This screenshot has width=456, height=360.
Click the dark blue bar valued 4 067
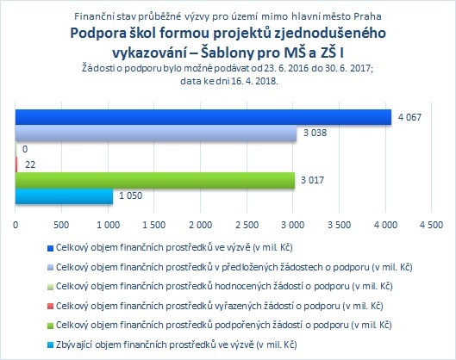click(203, 117)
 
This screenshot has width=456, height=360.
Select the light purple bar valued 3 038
click(156, 133)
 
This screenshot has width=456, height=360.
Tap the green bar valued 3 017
click(155, 181)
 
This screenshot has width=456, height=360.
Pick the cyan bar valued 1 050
click(64, 196)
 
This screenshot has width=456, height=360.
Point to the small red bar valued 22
click(16, 164)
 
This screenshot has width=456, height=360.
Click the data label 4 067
click(409, 117)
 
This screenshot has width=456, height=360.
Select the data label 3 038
click(315, 133)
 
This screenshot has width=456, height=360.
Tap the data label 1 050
click(130, 196)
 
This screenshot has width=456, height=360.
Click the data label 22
click(30, 164)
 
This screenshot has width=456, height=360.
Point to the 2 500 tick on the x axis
click(247, 225)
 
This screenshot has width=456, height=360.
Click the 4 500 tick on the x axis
click(432, 225)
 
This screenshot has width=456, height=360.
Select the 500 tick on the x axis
click(61, 225)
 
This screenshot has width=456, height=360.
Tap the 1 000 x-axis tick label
click(108, 225)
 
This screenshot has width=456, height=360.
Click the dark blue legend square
click(50, 248)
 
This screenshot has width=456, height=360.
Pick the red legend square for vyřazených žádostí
click(50, 307)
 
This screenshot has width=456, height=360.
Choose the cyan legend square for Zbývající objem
click(50, 345)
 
